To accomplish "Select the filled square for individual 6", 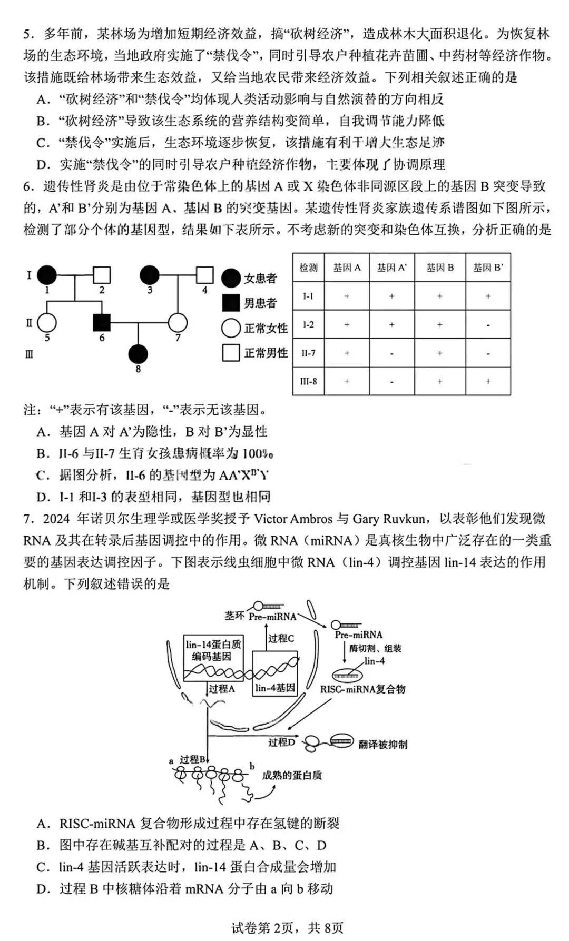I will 102,323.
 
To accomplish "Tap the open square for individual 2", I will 102,275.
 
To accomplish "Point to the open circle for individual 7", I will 178,323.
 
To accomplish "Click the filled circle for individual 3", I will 150,275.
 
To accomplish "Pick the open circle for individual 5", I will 47,323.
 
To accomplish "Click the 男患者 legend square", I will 231,303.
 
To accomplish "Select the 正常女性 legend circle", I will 231,328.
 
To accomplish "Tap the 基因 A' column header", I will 392,268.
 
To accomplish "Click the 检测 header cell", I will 309,268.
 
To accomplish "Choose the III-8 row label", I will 309,381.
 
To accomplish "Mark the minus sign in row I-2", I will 488,325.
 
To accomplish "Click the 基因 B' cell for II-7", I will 488,353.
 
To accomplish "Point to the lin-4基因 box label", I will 275,688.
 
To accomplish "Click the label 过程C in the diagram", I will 281,638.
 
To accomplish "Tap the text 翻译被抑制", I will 382,744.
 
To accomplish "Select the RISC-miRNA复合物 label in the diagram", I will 363,689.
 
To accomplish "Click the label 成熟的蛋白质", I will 292,775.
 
